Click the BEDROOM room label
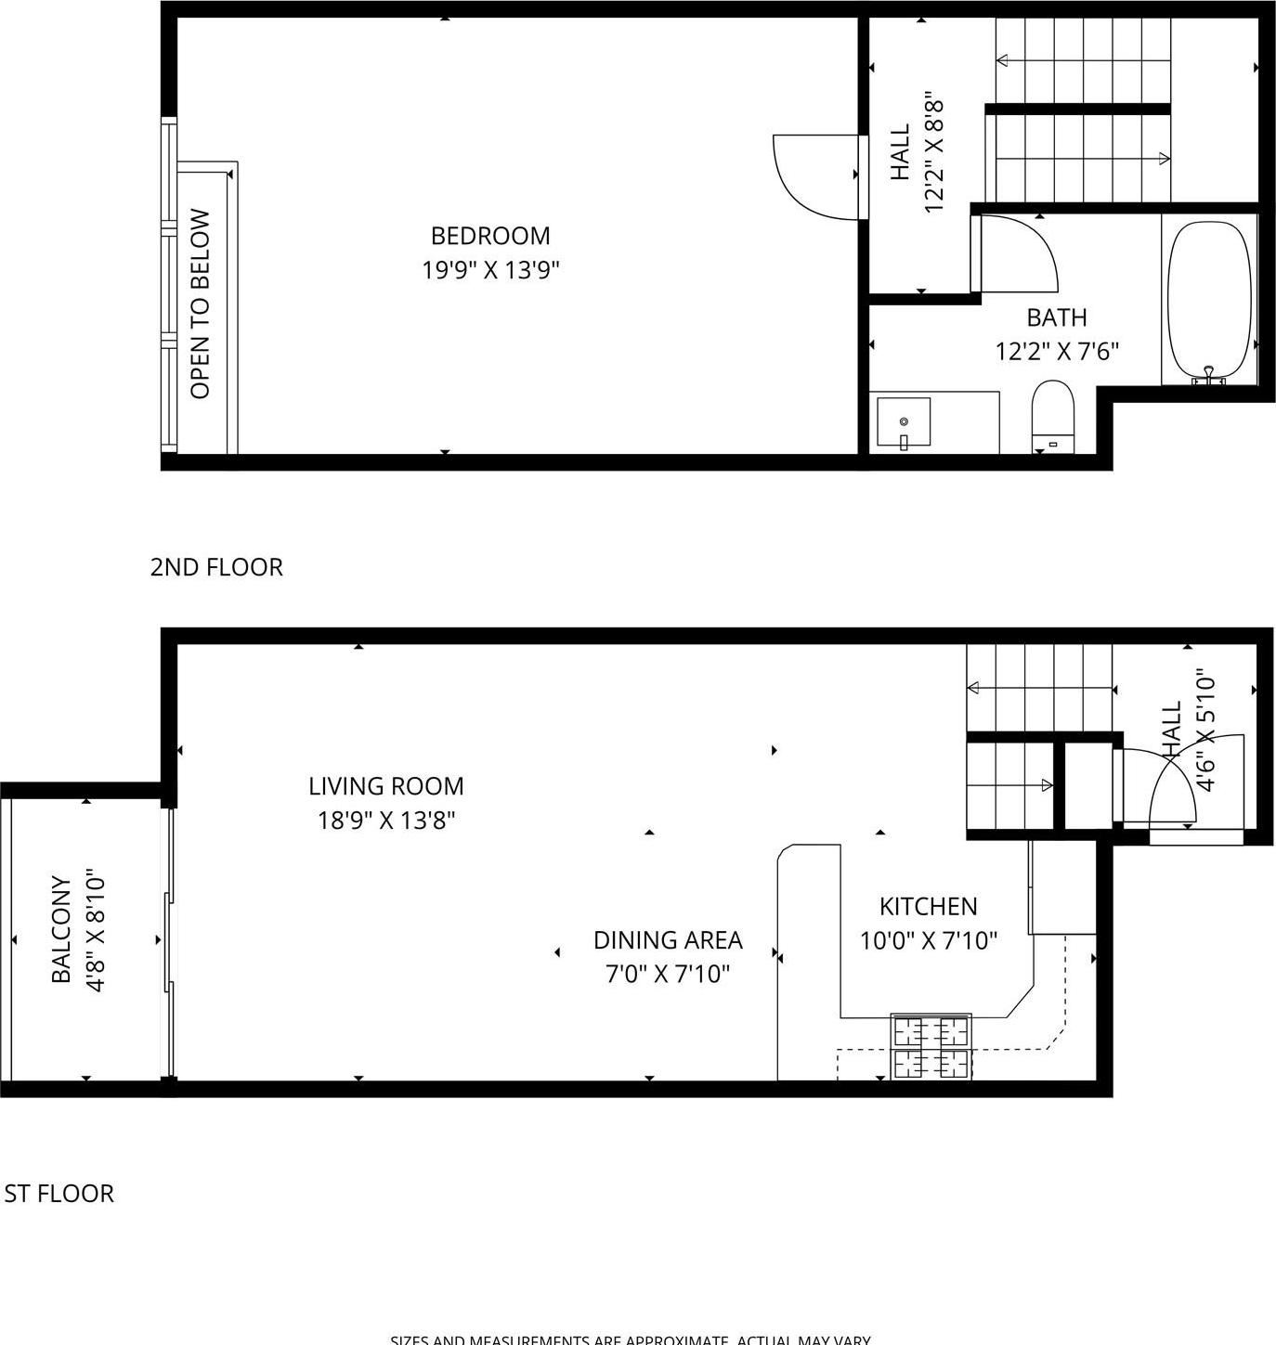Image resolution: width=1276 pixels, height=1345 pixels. pyautogui.click(x=490, y=236)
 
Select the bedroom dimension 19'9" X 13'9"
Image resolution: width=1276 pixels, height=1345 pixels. pyautogui.click(x=490, y=270)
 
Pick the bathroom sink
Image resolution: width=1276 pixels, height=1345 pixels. pyautogui.click(x=904, y=423)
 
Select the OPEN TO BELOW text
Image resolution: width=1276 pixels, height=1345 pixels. pyautogui.click(x=201, y=304)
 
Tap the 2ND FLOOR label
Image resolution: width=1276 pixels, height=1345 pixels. pyautogui.click(x=216, y=567)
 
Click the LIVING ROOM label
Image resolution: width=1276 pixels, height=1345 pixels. pyautogui.click(x=385, y=786)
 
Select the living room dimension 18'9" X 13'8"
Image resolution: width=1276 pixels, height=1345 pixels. pyautogui.click(x=385, y=821)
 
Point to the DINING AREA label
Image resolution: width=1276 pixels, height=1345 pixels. pyautogui.click(x=668, y=940)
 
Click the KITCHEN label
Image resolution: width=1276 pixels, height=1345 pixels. pyautogui.click(x=928, y=906)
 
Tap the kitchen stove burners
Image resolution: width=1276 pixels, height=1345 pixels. pyautogui.click(x=931, y=1046)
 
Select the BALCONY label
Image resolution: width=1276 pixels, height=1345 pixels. pyautogui.click(x=61, y=929)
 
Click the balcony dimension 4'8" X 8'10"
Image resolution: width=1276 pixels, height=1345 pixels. pyautogui.click(x=97, y=929)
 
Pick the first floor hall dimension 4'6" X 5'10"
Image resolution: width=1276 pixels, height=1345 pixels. pyautogui.click(x=1205, y=731)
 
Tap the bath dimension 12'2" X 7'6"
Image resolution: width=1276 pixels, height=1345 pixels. pyautogui.click(x=1057, y=352)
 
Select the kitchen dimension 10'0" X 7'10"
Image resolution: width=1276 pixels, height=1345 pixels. pyautogui.click(x=928, y=941)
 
